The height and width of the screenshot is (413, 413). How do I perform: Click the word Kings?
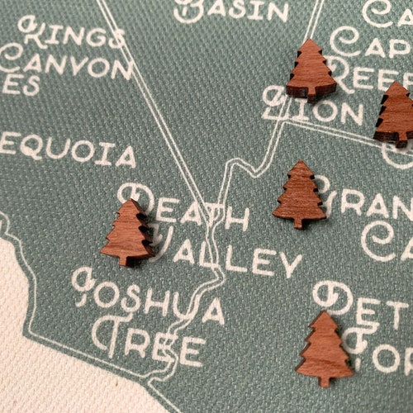73,36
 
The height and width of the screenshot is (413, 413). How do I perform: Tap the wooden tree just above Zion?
311,70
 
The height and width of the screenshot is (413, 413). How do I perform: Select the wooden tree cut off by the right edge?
395,114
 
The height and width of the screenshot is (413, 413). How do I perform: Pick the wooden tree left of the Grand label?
299,194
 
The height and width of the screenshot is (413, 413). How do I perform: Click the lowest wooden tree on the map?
324,348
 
